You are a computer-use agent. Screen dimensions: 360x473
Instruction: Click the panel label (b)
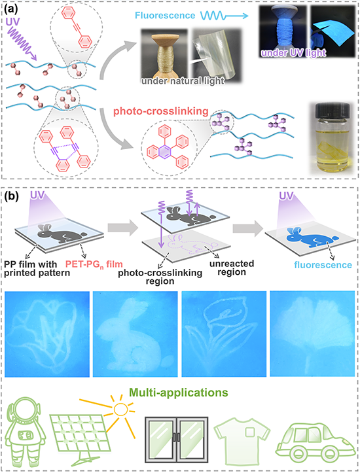point(12,196)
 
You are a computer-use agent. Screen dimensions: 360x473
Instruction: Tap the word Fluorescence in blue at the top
point(165,16)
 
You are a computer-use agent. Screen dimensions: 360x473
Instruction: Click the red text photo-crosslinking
point(161,111)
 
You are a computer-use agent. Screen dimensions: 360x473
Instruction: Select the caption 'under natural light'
point(183,81)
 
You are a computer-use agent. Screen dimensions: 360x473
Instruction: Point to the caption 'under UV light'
point(293,53)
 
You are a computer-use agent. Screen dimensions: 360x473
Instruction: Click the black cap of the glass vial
point(332,110)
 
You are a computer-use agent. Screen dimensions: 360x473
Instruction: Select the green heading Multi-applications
point(178,393)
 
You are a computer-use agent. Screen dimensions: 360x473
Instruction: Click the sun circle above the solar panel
point(121,409)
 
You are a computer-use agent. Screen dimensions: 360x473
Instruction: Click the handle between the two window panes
point(177,437)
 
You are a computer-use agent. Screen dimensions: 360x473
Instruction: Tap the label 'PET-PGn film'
point(94,264)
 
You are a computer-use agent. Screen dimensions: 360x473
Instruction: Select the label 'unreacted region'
point(232,268)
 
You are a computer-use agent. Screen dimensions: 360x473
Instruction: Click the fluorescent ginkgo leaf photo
point(312,334)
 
